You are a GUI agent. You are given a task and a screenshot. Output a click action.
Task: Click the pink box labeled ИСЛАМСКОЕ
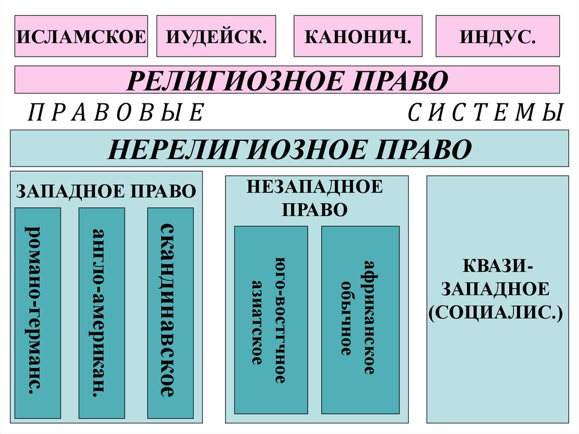pos(81,36)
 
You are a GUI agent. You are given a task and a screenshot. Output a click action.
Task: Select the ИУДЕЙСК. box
pos(216,36)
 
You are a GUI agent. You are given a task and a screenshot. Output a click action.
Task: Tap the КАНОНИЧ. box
pos(357,36)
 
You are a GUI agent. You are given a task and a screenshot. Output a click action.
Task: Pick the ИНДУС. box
pos(498,36)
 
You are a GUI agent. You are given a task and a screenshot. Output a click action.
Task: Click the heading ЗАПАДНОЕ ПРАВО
pos(106,191)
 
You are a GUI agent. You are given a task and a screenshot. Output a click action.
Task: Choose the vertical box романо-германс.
pos(37,313)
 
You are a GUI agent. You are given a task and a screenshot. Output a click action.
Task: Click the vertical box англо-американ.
pos(102,313)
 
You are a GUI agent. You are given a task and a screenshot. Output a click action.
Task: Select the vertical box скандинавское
pos(170,313)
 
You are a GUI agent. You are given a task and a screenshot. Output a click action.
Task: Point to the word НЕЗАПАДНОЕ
pos(315,187)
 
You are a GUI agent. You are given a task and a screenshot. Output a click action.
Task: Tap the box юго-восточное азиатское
pos(271,320)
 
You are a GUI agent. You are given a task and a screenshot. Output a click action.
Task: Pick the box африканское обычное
pos(360,320)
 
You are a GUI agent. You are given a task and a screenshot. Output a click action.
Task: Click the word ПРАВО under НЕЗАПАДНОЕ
pos(315,209)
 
